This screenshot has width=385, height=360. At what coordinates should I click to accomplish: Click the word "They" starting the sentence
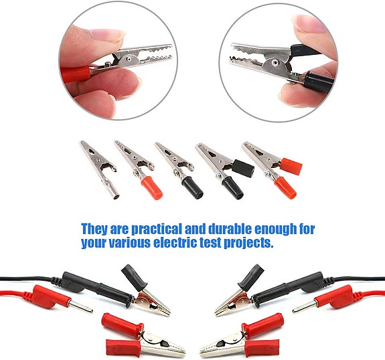click(x=96, y=229)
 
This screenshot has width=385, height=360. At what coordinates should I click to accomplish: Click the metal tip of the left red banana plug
click(x=82, y=308)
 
